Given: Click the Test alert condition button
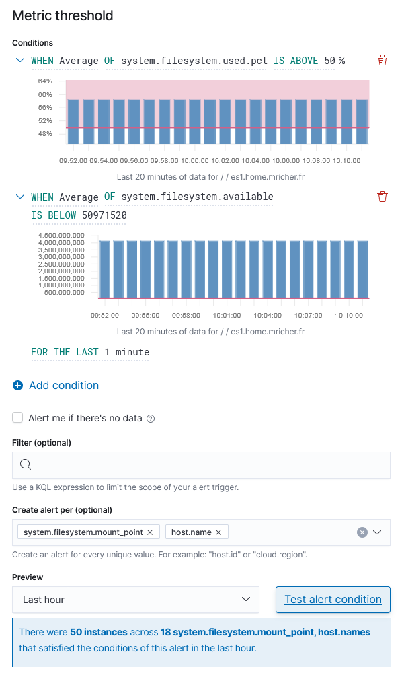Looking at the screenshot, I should pos(333,599).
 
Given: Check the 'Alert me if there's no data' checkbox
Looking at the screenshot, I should pos(17,418).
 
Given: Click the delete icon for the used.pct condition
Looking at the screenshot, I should pos(383,61).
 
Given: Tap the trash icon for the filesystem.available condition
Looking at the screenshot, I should pos(383,197).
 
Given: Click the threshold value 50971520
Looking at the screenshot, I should pos(104,215).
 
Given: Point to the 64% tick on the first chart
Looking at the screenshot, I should pos(45,81).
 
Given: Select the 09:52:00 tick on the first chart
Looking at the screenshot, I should pos(73,161).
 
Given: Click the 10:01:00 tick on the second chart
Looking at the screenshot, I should pos(227,315).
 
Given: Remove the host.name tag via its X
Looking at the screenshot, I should pos(218,532).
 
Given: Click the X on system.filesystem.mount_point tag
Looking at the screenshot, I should pos(150,532).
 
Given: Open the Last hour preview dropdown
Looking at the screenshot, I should pos(135,599).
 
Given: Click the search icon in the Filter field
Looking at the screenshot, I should pos(26,464).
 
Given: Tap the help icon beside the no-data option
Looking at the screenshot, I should pos(151,419).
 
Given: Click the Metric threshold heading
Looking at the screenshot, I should pos(63,15).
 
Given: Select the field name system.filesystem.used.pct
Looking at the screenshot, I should pos(194,61).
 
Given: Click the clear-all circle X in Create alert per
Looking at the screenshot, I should pos(362,532).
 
